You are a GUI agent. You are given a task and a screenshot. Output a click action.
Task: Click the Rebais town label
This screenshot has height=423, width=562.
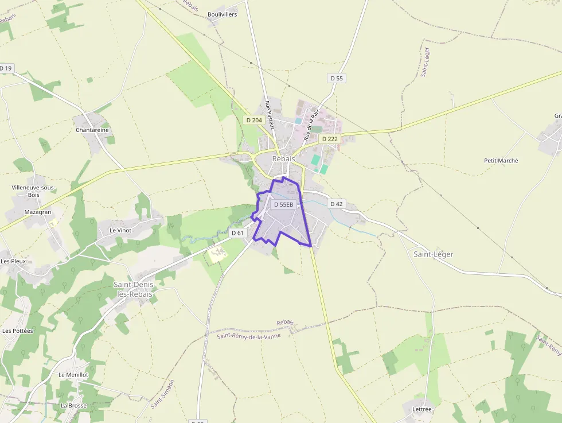[283, 159]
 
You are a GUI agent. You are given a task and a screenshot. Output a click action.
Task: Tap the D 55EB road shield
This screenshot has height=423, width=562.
[283, 204]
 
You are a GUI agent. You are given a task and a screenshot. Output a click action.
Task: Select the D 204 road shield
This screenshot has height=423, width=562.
[253, 120]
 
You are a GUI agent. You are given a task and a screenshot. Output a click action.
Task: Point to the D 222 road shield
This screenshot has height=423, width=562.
[330, 139]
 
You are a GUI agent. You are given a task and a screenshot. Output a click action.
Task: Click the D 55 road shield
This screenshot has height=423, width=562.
[337, 78]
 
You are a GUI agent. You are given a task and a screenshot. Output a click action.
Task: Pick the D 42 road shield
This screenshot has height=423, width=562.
[337, 204]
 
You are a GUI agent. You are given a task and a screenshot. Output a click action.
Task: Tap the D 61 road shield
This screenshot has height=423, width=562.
[238, 233]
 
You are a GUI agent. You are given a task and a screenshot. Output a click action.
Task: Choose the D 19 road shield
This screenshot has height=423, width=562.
[6, 68]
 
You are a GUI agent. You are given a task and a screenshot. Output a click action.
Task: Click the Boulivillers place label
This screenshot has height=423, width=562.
[222, 14]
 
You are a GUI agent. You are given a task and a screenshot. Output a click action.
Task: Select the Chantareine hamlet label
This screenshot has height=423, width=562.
[92, 130]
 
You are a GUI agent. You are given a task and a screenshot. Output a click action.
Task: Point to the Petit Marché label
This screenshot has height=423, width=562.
[501, 161]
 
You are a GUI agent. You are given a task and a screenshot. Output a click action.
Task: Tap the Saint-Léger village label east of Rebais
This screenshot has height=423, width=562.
[433, 254]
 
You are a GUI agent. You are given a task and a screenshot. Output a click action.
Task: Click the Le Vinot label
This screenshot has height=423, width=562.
[120, 230]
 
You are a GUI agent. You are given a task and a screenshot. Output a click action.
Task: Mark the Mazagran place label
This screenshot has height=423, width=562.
[38, 212]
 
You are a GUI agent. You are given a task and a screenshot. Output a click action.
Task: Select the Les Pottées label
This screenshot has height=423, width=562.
[18, 331]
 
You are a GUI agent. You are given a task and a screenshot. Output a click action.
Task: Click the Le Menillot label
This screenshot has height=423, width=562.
[73, 374]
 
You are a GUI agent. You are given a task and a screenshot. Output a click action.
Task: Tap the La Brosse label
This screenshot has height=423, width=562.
[73, 405]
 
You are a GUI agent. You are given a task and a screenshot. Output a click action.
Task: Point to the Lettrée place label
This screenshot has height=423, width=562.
[421, 409]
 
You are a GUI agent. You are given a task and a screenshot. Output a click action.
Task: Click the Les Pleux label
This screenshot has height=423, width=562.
[13, 261]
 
